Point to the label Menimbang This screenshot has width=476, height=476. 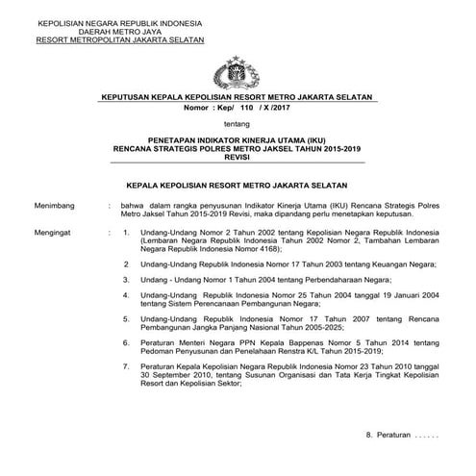[57, 205]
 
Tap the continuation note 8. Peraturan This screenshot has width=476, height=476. [403, 436]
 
